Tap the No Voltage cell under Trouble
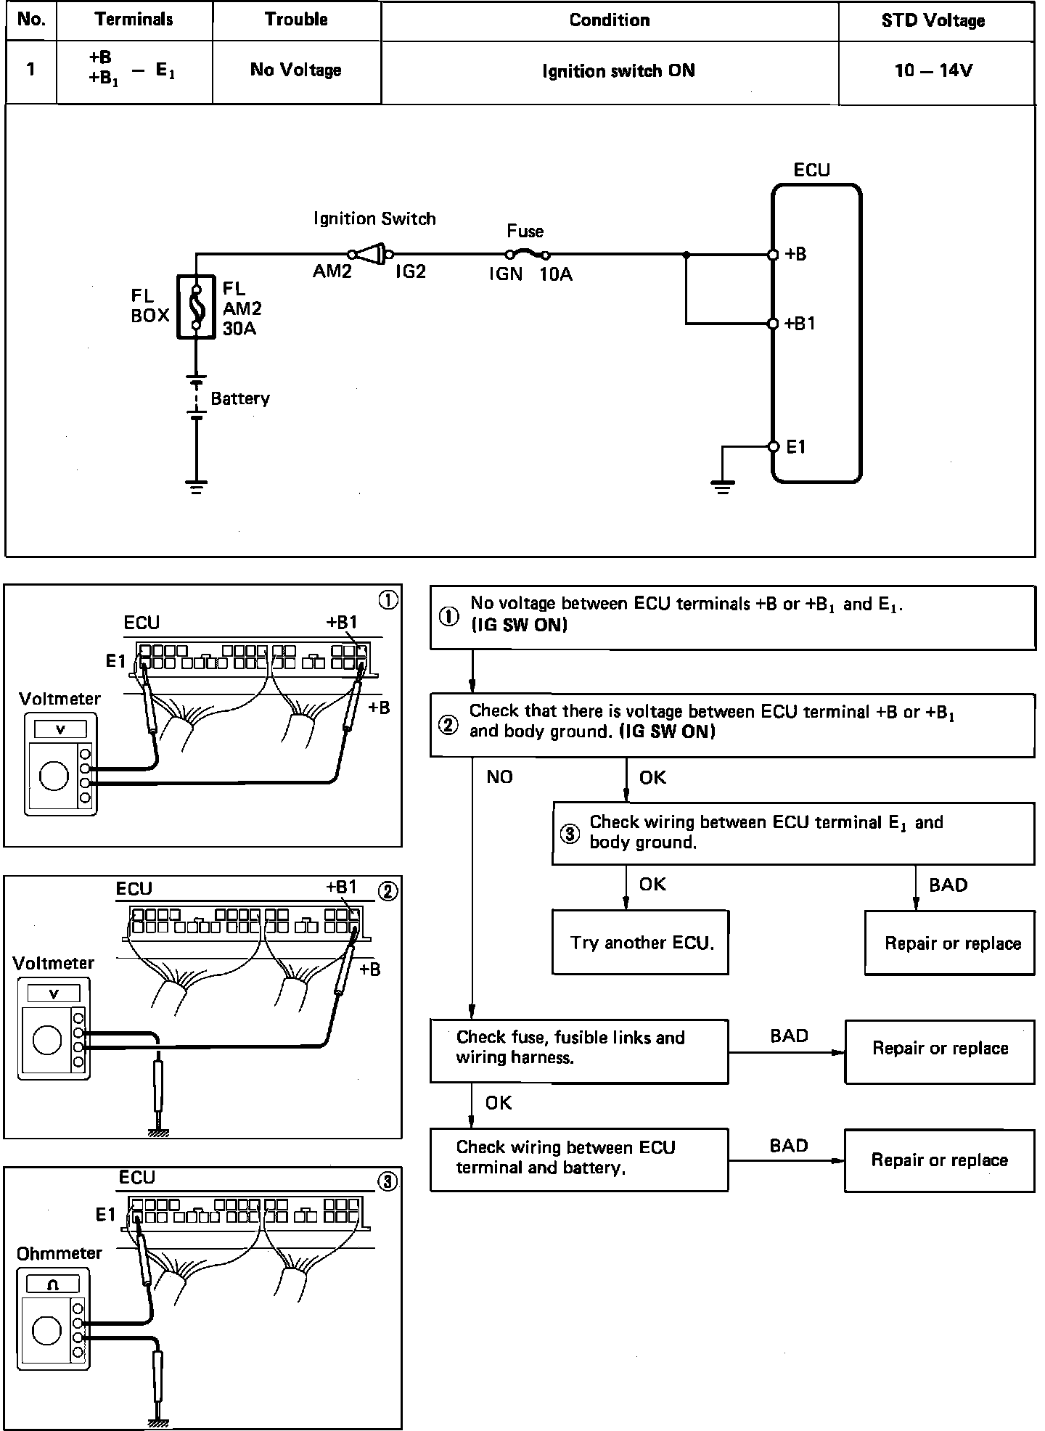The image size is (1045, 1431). (295, 70)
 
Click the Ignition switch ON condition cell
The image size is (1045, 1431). (618, 71)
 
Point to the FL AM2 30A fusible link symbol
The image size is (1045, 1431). (196, 307)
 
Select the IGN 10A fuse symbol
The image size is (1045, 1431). (528, 254)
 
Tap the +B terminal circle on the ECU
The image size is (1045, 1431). (773, 255)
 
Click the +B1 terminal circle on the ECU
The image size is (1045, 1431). (773, 324)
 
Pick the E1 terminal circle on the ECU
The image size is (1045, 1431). (773, 446)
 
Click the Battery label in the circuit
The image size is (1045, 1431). (239, 398)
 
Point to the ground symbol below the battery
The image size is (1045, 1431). (196, 485)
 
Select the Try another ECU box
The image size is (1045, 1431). (640, 943)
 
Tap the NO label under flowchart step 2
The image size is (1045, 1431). (499, 777)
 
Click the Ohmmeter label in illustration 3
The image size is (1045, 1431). (60, 1252)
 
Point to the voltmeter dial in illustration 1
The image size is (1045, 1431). (54, 776)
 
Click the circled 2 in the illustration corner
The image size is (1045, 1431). (388, 891)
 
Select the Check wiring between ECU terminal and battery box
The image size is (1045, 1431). (578, 1159)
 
